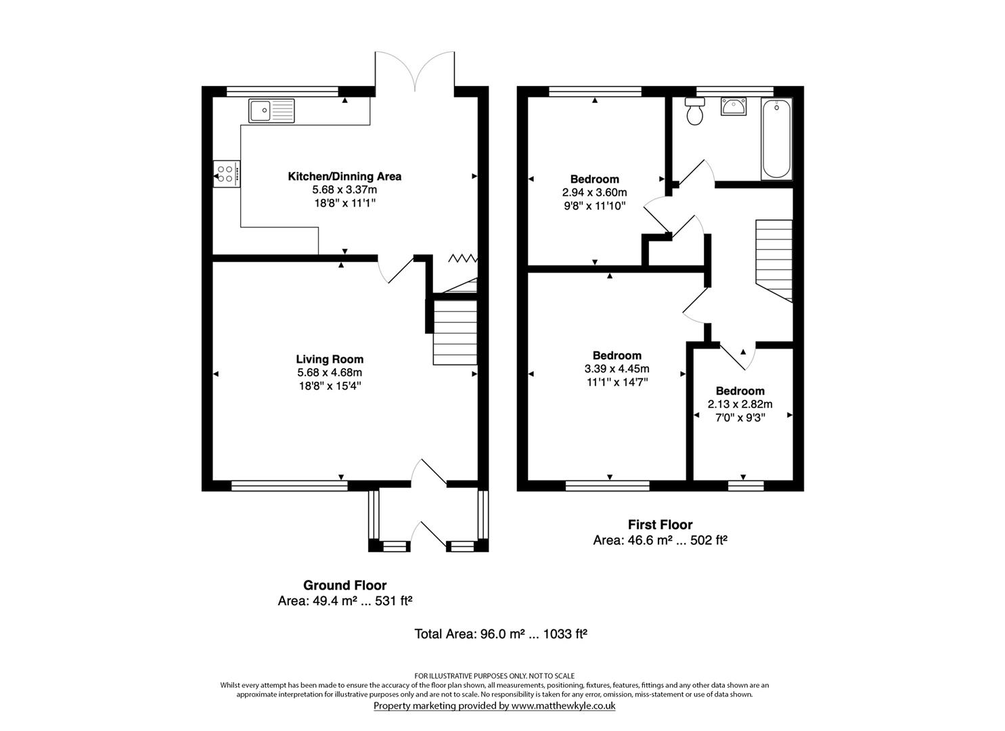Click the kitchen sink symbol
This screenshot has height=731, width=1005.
271,110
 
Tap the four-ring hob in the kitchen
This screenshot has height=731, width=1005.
227,173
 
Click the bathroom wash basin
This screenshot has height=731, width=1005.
733,107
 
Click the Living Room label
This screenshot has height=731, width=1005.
330,359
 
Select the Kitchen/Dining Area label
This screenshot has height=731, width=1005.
344,177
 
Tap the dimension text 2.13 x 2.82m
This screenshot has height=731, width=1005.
740,404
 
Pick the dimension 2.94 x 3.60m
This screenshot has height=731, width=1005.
594,192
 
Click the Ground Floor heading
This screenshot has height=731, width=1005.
344,585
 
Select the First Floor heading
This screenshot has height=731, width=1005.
660,525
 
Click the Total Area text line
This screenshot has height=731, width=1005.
500,634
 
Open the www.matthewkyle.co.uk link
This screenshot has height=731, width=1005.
562,705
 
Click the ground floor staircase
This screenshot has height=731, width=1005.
455,332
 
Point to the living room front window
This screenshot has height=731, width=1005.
289,485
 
